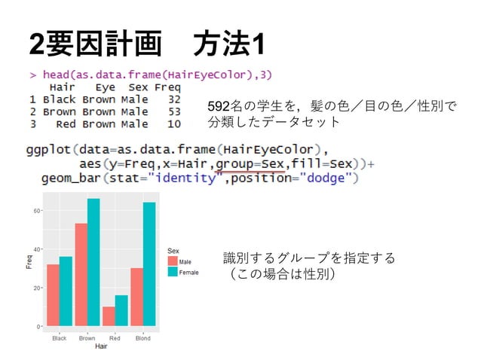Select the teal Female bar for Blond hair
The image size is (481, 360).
tap(149, 264)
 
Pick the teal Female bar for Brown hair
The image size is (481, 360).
tap(93, 262)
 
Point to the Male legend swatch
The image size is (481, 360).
tap(173, 261)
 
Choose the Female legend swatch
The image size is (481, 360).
tap(173, 271)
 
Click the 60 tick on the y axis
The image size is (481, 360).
tap(37, 211)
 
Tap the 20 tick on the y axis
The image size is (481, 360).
tap(37, 288)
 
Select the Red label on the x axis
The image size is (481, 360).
tap(115, 338)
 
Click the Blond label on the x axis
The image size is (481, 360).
tap(142, 338)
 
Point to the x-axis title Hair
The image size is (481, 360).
tap(100, 347)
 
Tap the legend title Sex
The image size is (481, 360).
tap(172, 250)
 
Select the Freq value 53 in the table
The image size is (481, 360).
tap(174, 111)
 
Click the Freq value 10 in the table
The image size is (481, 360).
tap(174, 124)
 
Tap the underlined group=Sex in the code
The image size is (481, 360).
tap(250, 163)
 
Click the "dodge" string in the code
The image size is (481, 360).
tap(328, 178)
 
